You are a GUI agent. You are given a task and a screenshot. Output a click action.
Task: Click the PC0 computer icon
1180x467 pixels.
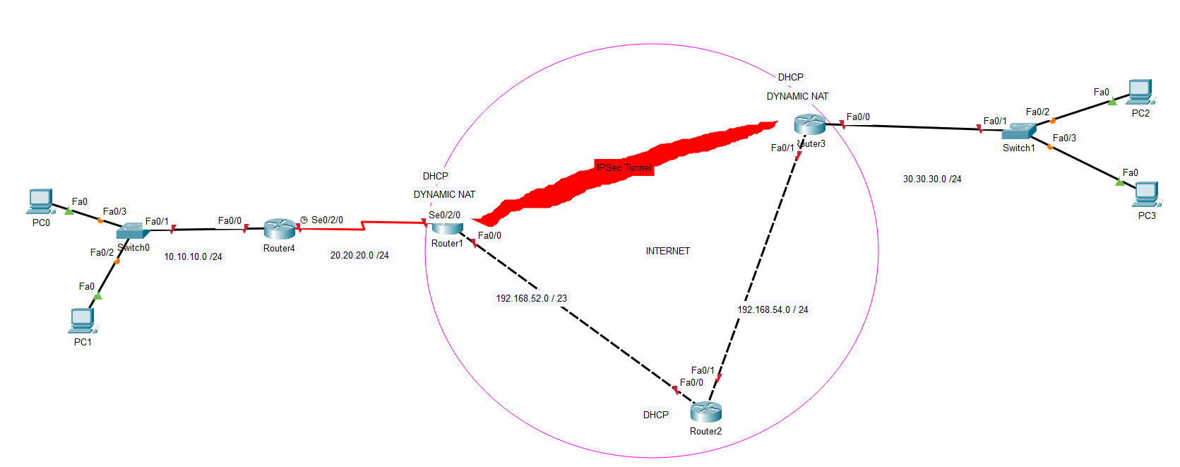(40, 201)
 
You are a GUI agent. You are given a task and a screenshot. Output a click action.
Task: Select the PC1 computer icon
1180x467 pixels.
(83, 321)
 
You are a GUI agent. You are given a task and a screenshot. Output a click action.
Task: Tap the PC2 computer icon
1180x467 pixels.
(1140, 93)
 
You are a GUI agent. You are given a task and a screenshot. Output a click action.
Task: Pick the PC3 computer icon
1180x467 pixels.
(1146, 194)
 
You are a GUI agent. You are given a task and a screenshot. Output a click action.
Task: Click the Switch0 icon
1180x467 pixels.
(130, 230)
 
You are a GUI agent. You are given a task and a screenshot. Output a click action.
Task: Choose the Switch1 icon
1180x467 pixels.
(1019, 131)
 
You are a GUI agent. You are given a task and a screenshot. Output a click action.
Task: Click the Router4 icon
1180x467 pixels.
(280, 229)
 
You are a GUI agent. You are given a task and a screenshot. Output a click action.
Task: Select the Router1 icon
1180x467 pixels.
(447, 227)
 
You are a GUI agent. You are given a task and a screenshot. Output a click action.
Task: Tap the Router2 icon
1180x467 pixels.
(705, 412)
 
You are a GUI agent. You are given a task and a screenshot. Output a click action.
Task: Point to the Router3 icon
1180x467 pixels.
(809, 125)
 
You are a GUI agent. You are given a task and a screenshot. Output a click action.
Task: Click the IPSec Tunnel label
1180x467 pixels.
(624, 167)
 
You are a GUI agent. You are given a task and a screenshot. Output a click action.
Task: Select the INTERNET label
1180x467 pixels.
(667, 251)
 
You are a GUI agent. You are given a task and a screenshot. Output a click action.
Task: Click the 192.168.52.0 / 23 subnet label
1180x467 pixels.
(531, 298)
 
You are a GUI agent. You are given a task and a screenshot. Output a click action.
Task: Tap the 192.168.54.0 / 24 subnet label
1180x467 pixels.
(773, 309)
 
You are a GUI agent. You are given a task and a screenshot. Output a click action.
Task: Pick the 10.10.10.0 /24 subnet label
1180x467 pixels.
(193, 256)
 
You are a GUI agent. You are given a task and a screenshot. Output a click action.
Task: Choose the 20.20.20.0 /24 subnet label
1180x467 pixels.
(359, 255)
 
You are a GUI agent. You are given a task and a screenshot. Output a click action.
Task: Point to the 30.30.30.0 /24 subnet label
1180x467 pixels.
(932, 179)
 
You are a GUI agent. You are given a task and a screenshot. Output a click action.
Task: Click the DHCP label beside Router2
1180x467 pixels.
(655, 415)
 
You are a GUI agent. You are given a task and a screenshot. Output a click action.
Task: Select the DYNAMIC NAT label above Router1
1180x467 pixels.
(444, 194)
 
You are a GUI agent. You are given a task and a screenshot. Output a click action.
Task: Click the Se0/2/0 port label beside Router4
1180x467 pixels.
(327, 220)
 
